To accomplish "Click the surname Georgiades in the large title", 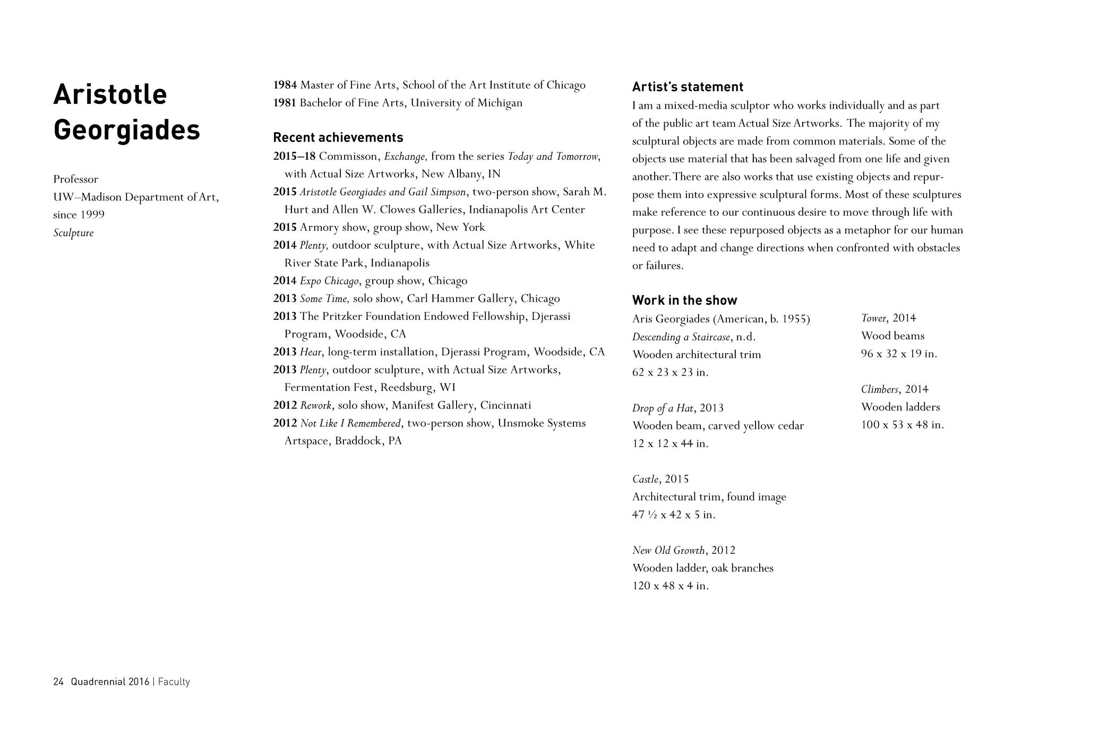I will coord(127,130).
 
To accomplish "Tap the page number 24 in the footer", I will coord(58,682).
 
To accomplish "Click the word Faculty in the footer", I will coord(174,682).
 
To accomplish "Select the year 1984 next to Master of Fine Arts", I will coord(285,85).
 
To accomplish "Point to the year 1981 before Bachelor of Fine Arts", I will coord(285,103).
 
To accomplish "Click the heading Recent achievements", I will coord(338,137).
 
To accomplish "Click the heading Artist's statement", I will coord(688,87).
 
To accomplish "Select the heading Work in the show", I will coord(684,300).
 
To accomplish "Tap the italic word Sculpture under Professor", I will coord(73,233).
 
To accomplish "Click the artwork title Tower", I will coord(873,318).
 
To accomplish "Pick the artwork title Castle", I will coord(645,479).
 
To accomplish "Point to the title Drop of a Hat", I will coord(663,408).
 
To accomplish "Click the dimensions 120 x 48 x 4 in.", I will coord(671,586).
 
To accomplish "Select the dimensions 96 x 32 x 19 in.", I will coord(899,354).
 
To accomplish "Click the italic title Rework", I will coord(316,405).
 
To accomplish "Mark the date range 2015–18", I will coord(294,156).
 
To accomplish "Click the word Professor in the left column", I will coord(75,179).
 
